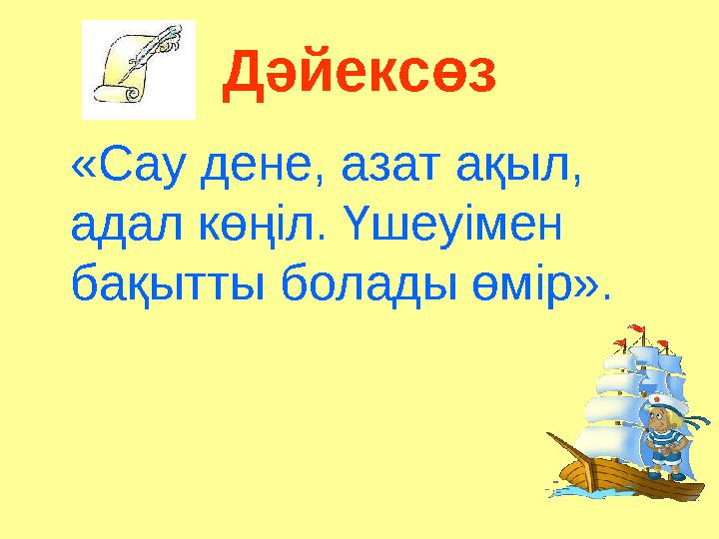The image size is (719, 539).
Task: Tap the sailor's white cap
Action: click(x=661, y=399)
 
